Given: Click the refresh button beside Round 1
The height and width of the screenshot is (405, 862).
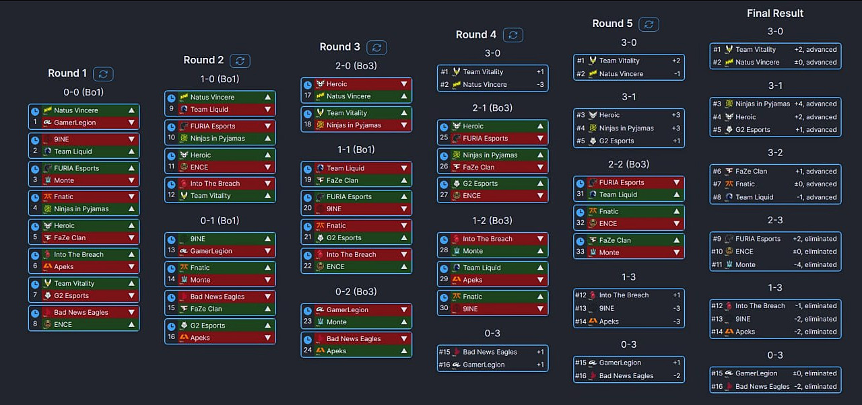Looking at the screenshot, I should tap(103, 73).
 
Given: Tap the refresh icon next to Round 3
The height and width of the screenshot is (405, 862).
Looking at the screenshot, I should tap(376, 47).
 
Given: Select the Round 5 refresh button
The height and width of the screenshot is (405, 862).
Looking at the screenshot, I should tap(649, 24).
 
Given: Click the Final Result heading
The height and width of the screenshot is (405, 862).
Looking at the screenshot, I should tap(775, 13).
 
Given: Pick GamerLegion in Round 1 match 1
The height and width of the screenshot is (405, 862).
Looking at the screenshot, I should tap(75, 122).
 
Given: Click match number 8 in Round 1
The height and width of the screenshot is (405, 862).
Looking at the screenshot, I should tap(35, 324).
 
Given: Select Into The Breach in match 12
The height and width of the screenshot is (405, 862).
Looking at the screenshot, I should tap(215, 183).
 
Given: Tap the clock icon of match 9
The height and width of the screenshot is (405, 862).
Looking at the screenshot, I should tap(171, 98).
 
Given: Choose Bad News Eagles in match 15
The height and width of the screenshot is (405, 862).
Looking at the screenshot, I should tap(217, 297).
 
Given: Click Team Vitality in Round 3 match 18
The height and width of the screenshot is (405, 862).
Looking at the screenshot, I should tap(347, 113).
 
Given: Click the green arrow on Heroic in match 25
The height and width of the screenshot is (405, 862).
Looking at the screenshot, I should tap(540, 126).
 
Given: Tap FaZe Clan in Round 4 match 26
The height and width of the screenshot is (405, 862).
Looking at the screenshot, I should tap(479, 167).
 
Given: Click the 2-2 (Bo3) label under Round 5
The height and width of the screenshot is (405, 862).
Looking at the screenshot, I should tap(628, 164).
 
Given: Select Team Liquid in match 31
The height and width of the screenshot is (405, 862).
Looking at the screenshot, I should tap(618, 194).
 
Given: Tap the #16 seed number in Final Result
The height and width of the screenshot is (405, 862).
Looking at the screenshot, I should tap(717, 386).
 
